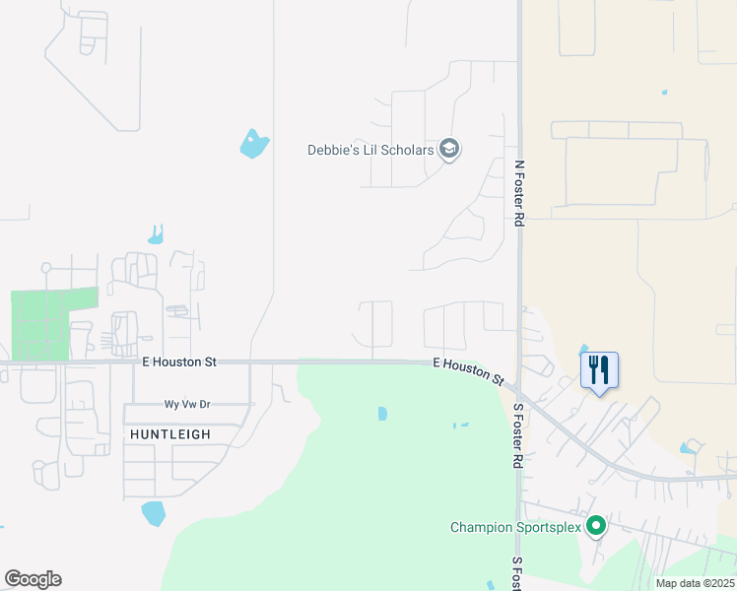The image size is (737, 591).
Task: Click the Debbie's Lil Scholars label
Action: pos(370,150)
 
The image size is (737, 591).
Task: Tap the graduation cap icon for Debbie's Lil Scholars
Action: pos(449,150)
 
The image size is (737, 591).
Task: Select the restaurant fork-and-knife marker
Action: pos(599,371)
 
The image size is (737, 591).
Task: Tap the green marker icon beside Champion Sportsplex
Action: pos(595,527)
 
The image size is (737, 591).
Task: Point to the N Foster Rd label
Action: pos(518,194)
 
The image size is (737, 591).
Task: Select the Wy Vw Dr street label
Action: pos(188,405)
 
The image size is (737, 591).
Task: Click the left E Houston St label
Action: pos(178,362)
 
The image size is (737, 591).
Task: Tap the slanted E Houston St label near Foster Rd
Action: pos(469,370)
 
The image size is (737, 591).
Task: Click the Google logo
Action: pos(33,579)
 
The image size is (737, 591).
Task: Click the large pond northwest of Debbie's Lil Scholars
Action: pos(253,145)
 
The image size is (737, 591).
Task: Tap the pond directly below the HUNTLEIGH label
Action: pos(153,513)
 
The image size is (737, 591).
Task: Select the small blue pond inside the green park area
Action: pos(382,414)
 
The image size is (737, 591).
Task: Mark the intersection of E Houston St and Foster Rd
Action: pos(517,391)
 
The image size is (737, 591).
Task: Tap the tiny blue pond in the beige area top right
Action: pos(664,93)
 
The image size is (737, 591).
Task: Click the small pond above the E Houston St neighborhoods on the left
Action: pos(156,235)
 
